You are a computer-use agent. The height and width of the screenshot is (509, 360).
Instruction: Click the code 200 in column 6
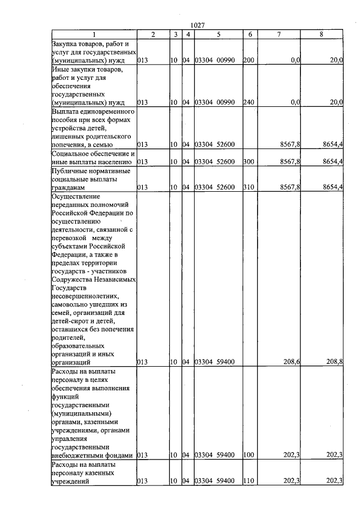pyautogui.click(x=249, y=60)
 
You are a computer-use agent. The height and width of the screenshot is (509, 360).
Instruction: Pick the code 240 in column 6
pyautogui.click(x=249, y=102)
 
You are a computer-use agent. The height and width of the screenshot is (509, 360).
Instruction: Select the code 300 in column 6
pyautogui.click(x=249, y=162)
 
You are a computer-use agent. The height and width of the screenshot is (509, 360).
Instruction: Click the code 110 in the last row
pyautogui.click(x=249, y=481)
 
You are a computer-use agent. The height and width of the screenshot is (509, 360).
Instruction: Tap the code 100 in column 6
pyautogui.click(x=249, y=455)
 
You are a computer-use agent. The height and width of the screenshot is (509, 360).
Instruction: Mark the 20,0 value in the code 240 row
pyautogui.click(x=336, y=102)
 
